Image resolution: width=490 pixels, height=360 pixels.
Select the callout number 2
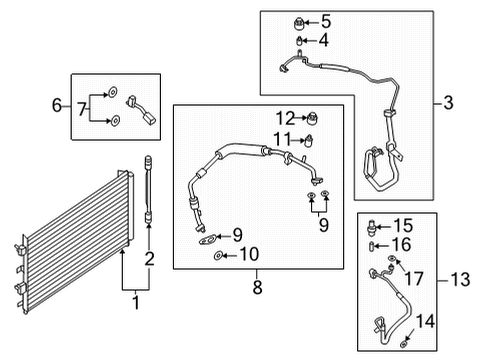point(148,261)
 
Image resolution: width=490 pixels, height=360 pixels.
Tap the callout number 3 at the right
point(449,102)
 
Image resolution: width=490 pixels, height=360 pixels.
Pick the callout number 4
point(322,41)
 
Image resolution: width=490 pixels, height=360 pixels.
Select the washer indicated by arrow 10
point(218,258)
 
